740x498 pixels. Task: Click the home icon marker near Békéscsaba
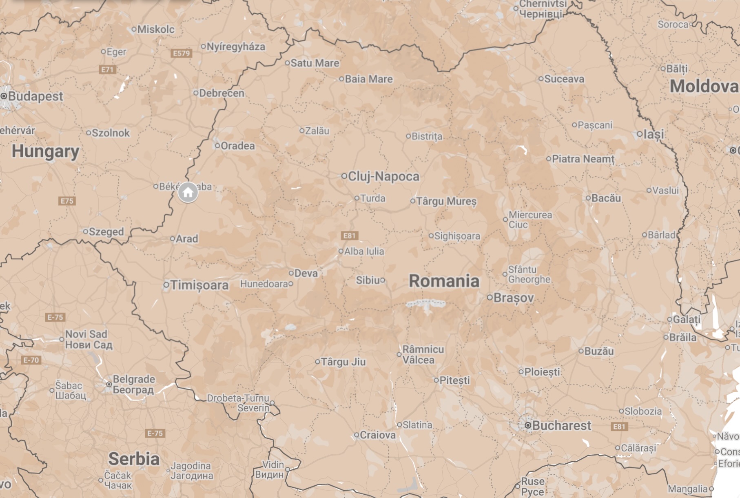188,192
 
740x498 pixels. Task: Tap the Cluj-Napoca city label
383,176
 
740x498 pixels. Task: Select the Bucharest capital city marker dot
528,425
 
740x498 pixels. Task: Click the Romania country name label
444,281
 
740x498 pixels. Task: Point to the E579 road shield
182,53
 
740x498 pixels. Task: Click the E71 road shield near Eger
107,69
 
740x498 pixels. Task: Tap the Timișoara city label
199,285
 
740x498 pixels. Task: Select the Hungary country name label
45,151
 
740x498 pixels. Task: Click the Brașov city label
513,298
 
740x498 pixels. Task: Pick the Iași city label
654,134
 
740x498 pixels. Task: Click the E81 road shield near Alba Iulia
350,236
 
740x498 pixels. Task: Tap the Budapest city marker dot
4,96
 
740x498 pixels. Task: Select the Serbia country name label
134,459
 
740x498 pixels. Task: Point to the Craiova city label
377,435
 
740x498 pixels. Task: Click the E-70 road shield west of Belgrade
31,360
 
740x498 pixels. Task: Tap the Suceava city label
564,79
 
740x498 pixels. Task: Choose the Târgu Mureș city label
446,201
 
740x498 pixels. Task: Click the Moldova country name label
704,87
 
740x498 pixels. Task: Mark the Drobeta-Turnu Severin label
239,403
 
